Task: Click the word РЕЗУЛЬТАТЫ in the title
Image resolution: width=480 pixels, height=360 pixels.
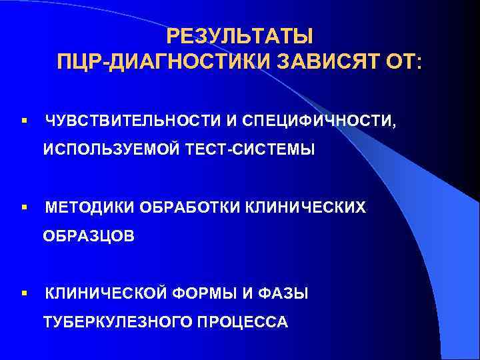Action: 239,35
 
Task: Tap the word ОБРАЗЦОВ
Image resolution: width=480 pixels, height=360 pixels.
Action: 89,237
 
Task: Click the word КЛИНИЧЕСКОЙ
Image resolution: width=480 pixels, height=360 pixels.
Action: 108,294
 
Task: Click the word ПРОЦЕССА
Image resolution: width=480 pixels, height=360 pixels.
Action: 243,323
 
